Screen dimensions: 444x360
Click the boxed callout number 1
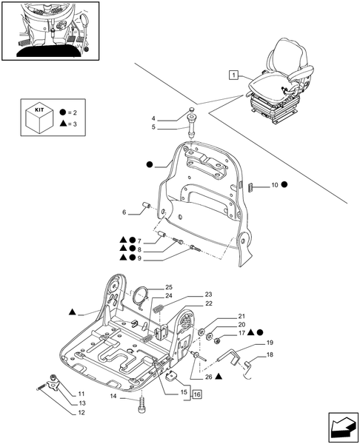tap(233, 75)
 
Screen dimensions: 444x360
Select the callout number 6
tap(124, 212)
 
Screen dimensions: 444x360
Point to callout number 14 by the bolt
tap(113, 397)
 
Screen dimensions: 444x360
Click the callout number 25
tap(169, 287)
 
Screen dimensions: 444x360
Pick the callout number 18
tap(270, 355)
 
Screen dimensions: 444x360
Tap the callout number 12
tap(81, 413)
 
